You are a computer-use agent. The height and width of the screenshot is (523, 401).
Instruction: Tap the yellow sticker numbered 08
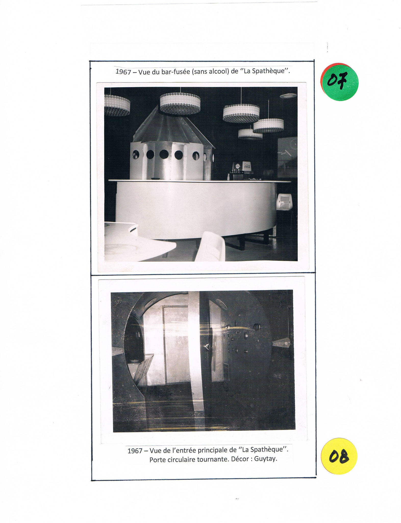pyautogui.click(x=339, y=456)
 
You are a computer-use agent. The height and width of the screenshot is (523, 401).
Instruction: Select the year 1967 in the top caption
pyautogui.click(x=123, y=72)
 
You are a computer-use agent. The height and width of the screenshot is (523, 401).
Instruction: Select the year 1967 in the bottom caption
pyautogui.click(x=135, y=451)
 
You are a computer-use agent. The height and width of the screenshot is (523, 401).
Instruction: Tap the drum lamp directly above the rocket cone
pyautogui.click(x=180, y=103)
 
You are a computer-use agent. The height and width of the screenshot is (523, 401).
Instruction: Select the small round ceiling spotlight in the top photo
pyautogui.click(x=288, y=96)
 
